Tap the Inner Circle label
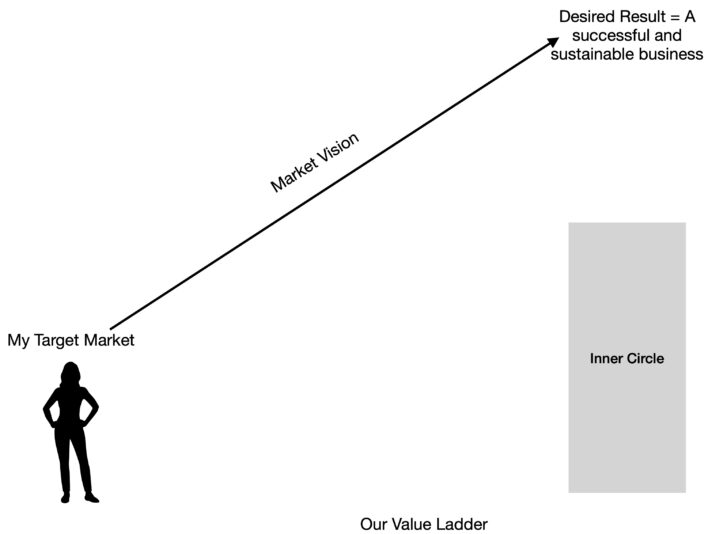tap(627, 358)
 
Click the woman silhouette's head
tap(71, 374)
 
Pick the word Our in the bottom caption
tap(375, 524)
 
